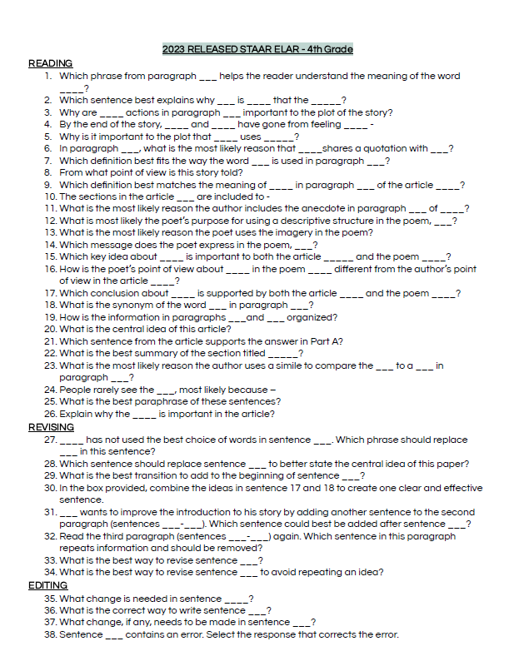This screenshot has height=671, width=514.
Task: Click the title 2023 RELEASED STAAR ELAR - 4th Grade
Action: tap(257, 49)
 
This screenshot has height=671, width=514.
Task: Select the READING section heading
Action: tap(50, 63)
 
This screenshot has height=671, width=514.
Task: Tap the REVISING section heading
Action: tap(52, 427)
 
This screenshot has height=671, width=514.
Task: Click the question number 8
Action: tap(49, 172)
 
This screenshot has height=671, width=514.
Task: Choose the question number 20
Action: tap(50, 329)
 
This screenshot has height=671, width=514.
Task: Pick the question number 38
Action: tap(50, 634)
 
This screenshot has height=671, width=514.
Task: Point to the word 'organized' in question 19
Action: tap(311, 317)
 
